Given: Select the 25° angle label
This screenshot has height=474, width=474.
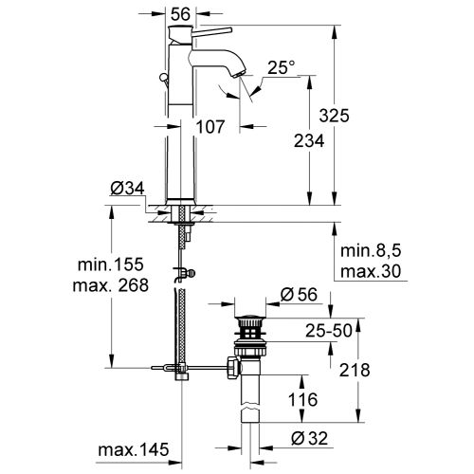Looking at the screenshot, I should click(281, 68).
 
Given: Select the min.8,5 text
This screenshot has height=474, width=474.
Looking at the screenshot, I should click(372, 252).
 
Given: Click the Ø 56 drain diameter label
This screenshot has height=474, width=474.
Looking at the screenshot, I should click(300, 296).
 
